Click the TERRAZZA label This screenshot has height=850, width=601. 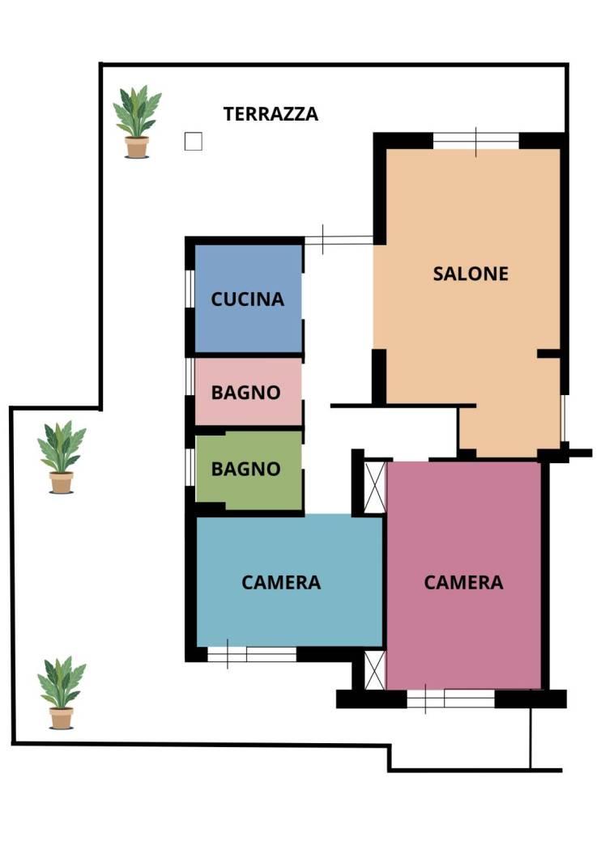[271, 114]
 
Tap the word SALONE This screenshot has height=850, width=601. [471, 274]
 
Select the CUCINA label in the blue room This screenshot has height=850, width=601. [247, 300]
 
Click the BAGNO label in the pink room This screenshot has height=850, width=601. [245, 393]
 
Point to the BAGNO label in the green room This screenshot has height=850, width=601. [245, 469]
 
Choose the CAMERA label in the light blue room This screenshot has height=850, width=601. [281, 583]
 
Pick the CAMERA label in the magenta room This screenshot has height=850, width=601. [463, 583]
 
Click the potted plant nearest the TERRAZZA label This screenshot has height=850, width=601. [137, 122]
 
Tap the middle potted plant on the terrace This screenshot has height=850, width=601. [62, 457]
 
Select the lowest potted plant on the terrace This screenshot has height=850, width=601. [62, 693]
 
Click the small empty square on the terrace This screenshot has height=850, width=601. [193, 142]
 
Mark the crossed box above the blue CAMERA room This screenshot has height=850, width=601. [374, 487]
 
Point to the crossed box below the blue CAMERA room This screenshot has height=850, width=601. [374, 670]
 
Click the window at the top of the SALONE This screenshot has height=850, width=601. [476, 142]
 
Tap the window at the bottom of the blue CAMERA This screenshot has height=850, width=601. [252, 654]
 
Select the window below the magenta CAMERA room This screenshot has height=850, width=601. [450, 699]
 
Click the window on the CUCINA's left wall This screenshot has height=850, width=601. [190, 289]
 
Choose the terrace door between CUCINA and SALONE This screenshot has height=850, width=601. [339, 240]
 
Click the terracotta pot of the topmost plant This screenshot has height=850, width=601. [137, 147]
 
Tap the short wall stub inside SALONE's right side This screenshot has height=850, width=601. [549, 354]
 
